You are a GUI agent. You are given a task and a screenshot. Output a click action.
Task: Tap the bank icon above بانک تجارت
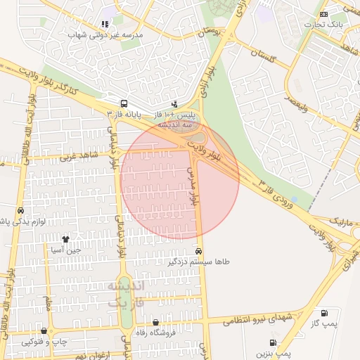click(x=323, y=14)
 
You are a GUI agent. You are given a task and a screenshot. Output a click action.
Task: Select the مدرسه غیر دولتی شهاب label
click(x=105, y=34)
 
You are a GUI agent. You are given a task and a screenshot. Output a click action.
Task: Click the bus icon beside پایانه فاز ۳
click(x=124, y=103)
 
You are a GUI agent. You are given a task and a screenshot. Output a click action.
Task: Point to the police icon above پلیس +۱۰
click(x=175, y=104)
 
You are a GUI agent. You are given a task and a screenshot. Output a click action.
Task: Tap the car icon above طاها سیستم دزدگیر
click(x=199, y=251)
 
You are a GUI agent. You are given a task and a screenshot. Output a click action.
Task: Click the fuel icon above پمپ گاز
click(x=324, y=314)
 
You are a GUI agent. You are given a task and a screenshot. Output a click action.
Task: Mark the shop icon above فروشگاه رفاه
click(x=155, y=323)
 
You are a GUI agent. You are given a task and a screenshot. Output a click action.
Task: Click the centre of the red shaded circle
click(x=180, y=179)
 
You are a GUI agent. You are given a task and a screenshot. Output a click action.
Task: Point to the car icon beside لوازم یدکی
click(x=20, y=211)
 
